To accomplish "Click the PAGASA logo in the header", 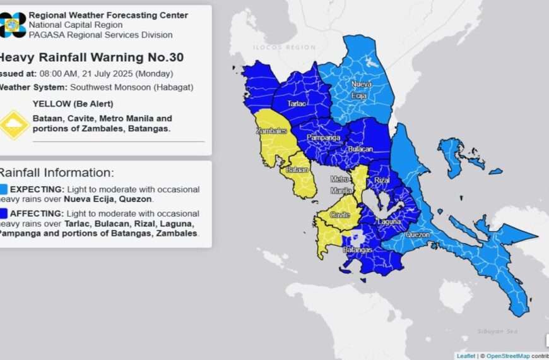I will [13, 25].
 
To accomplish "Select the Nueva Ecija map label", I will [361, 89].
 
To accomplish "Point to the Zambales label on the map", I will [271, 131].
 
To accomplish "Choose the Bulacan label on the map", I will [360, 149].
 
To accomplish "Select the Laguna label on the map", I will [389, 222].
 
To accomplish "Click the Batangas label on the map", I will [357, 250].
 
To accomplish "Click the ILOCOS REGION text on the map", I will [283, 47].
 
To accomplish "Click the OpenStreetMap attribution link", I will [507, 356].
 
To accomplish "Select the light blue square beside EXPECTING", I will [4, 189].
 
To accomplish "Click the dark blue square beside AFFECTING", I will [4, 213].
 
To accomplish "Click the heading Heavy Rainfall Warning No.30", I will [91, 57].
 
